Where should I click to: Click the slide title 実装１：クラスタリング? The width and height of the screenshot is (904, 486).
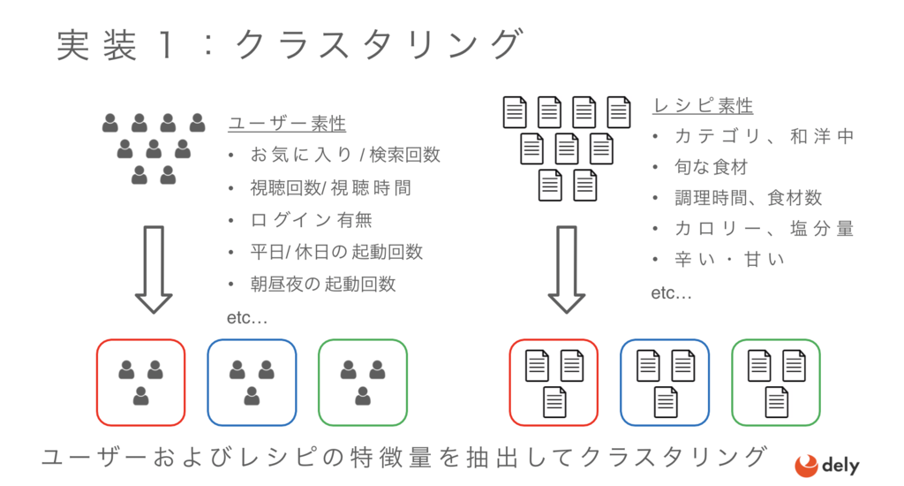[290, 45]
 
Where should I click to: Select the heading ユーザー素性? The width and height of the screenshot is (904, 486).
[287, 124]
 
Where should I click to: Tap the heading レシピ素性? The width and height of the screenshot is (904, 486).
[703, 106]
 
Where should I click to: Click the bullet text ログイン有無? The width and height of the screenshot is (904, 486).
[312, 220]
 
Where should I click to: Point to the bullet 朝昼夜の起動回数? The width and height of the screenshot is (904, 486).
[323, 284]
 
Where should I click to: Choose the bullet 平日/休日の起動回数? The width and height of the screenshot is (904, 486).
[336, 252]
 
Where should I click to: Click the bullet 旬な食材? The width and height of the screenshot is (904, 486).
[712, 167]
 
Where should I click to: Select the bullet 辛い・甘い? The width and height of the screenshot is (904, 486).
[729, 259]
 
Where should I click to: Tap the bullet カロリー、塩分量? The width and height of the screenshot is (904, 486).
[764, 229]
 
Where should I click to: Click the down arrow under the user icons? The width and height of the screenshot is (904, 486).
[154, 270]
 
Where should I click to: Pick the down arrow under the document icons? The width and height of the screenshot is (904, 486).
[566, 270]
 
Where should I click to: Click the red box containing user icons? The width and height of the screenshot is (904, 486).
[97, 382]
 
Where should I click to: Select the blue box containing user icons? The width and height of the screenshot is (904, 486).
[207, 382]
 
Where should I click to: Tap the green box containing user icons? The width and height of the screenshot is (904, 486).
[319, 382]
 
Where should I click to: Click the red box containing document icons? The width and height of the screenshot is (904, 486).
[509, 382]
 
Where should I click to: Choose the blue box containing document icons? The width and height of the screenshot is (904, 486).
[621, 382]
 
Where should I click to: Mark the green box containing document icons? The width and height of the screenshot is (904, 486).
[732, 382]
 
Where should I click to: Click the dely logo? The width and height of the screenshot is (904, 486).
[826, 466]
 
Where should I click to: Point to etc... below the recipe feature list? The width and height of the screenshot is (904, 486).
[671, 293]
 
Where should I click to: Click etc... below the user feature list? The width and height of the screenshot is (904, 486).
[247, 317]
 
